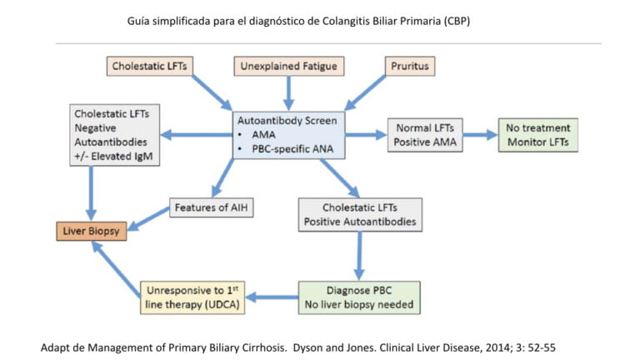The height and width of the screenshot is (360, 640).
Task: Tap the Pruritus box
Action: [x=409, y=65]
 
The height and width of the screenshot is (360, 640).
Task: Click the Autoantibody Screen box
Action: [x=289, y=134]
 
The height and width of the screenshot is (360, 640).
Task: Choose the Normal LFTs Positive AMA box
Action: [x=424, y=135]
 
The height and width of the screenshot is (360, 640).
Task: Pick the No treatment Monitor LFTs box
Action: [x=538, y=135]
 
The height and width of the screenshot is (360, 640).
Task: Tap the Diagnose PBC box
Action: [x=359, y=297]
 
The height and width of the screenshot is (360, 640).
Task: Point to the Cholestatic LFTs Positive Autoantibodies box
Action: [x=359, y=214]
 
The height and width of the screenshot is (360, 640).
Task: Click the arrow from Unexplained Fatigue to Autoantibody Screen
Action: [x=289, y=91]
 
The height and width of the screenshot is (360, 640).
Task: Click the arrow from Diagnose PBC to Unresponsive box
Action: [x=276, y=297]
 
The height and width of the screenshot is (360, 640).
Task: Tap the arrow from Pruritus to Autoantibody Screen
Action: [x=367, y=92]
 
